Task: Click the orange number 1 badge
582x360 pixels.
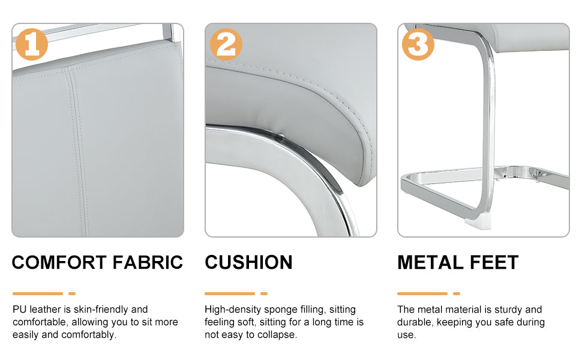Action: point(32,44)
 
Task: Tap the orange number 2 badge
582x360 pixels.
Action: point(226,44)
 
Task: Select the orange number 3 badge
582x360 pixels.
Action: point(418,44)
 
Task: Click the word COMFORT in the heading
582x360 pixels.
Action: point(59,262)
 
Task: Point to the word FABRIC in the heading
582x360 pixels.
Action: point(148,262)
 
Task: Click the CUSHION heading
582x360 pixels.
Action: point(248,262)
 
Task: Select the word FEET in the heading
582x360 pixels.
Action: point(494,262)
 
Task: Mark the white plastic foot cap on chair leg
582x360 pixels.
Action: point(475,224)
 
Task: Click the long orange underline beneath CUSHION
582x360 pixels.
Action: point(230,293)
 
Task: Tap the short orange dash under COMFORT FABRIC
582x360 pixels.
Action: point(72,293)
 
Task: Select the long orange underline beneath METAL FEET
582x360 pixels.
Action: point(422,293)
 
